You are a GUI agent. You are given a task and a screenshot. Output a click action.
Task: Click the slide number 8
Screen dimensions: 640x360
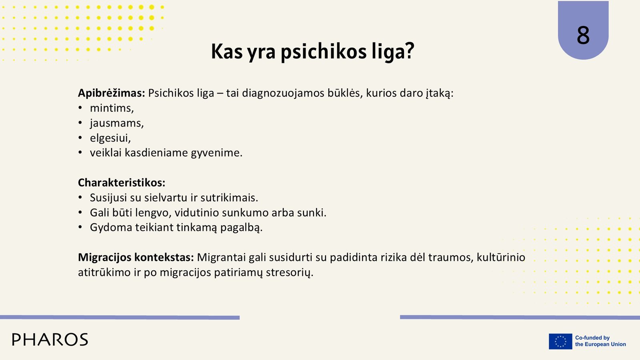(583, 35)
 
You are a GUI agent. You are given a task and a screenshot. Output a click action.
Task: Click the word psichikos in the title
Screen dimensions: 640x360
(324, 52)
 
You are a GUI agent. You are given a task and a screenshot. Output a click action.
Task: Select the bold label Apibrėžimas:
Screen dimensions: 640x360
(112, 93)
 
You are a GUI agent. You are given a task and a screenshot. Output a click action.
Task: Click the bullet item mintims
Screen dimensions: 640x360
(112, 108)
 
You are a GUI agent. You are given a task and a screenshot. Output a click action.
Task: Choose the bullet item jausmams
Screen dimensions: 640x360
(116, 123)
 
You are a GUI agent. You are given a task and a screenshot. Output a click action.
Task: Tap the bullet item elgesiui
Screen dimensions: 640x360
(110, 138)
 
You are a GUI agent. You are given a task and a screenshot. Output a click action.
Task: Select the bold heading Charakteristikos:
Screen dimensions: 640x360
(122, 182)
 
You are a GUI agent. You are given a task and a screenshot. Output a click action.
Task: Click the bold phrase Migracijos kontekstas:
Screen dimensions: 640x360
(136, 258)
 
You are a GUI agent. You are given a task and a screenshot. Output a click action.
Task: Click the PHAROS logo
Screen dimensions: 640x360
(50, 340)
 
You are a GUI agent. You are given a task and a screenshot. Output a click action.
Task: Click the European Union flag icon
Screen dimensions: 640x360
(560, 341)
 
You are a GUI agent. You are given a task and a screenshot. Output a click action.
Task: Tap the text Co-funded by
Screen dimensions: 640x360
(592, 338)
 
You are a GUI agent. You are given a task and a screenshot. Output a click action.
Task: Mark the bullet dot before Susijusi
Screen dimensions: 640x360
(80, 198)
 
